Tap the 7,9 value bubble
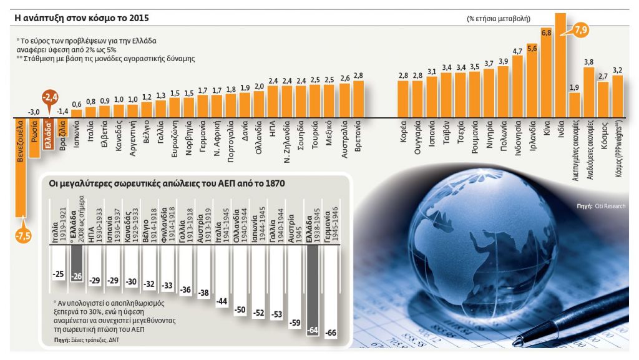(581, 29)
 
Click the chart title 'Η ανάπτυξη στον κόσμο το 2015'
(82, 19)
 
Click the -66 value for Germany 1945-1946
(332, 333)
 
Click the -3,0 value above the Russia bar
(34, 112)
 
